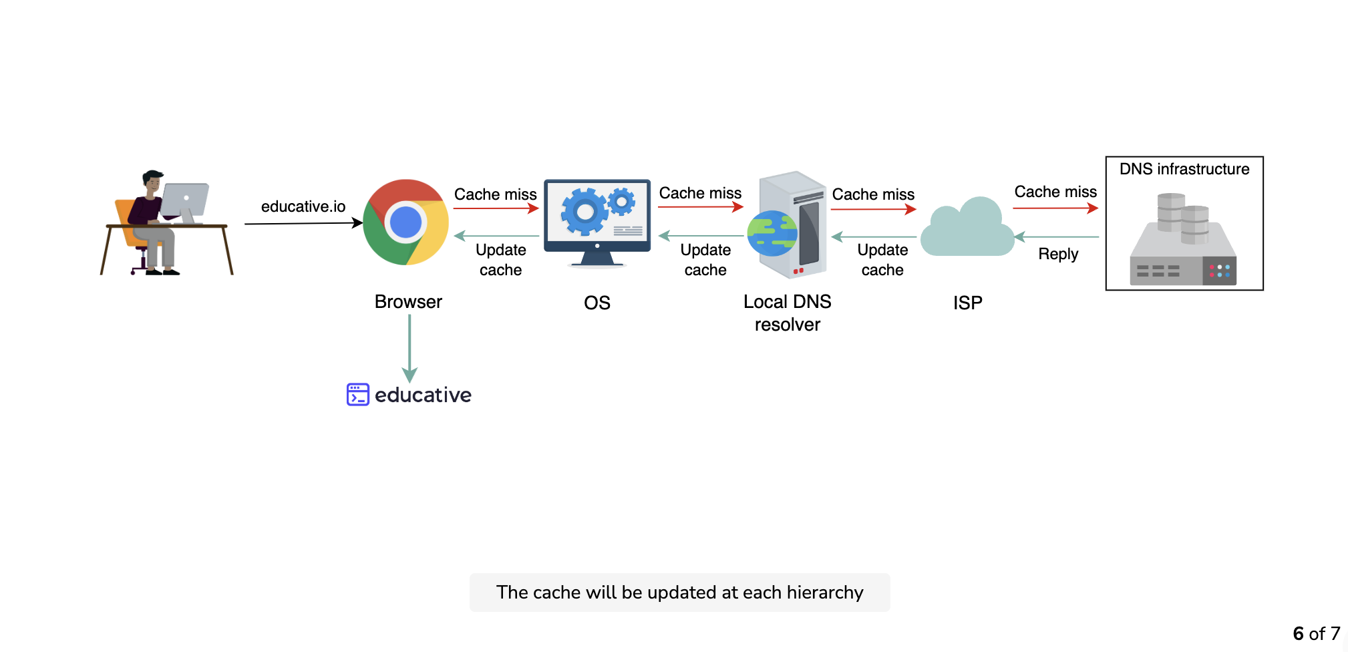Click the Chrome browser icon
(405, 222)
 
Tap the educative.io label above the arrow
(303, 206)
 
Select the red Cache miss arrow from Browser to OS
(496, 208)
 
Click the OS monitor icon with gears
(597, 223)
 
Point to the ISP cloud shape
(967, 227)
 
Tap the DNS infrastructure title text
(1184, 169)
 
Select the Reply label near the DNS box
(1058, 254)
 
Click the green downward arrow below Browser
(409, 348)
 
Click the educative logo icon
(358, 394)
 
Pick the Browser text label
(408, 302)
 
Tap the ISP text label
(967, 303)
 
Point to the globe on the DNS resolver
(772, 233)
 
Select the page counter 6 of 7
(1316, 633)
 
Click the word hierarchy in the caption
(825, 593)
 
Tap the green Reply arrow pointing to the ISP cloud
(1056, 236)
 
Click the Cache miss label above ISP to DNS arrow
(1055, 192)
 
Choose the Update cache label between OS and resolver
(705, 260)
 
